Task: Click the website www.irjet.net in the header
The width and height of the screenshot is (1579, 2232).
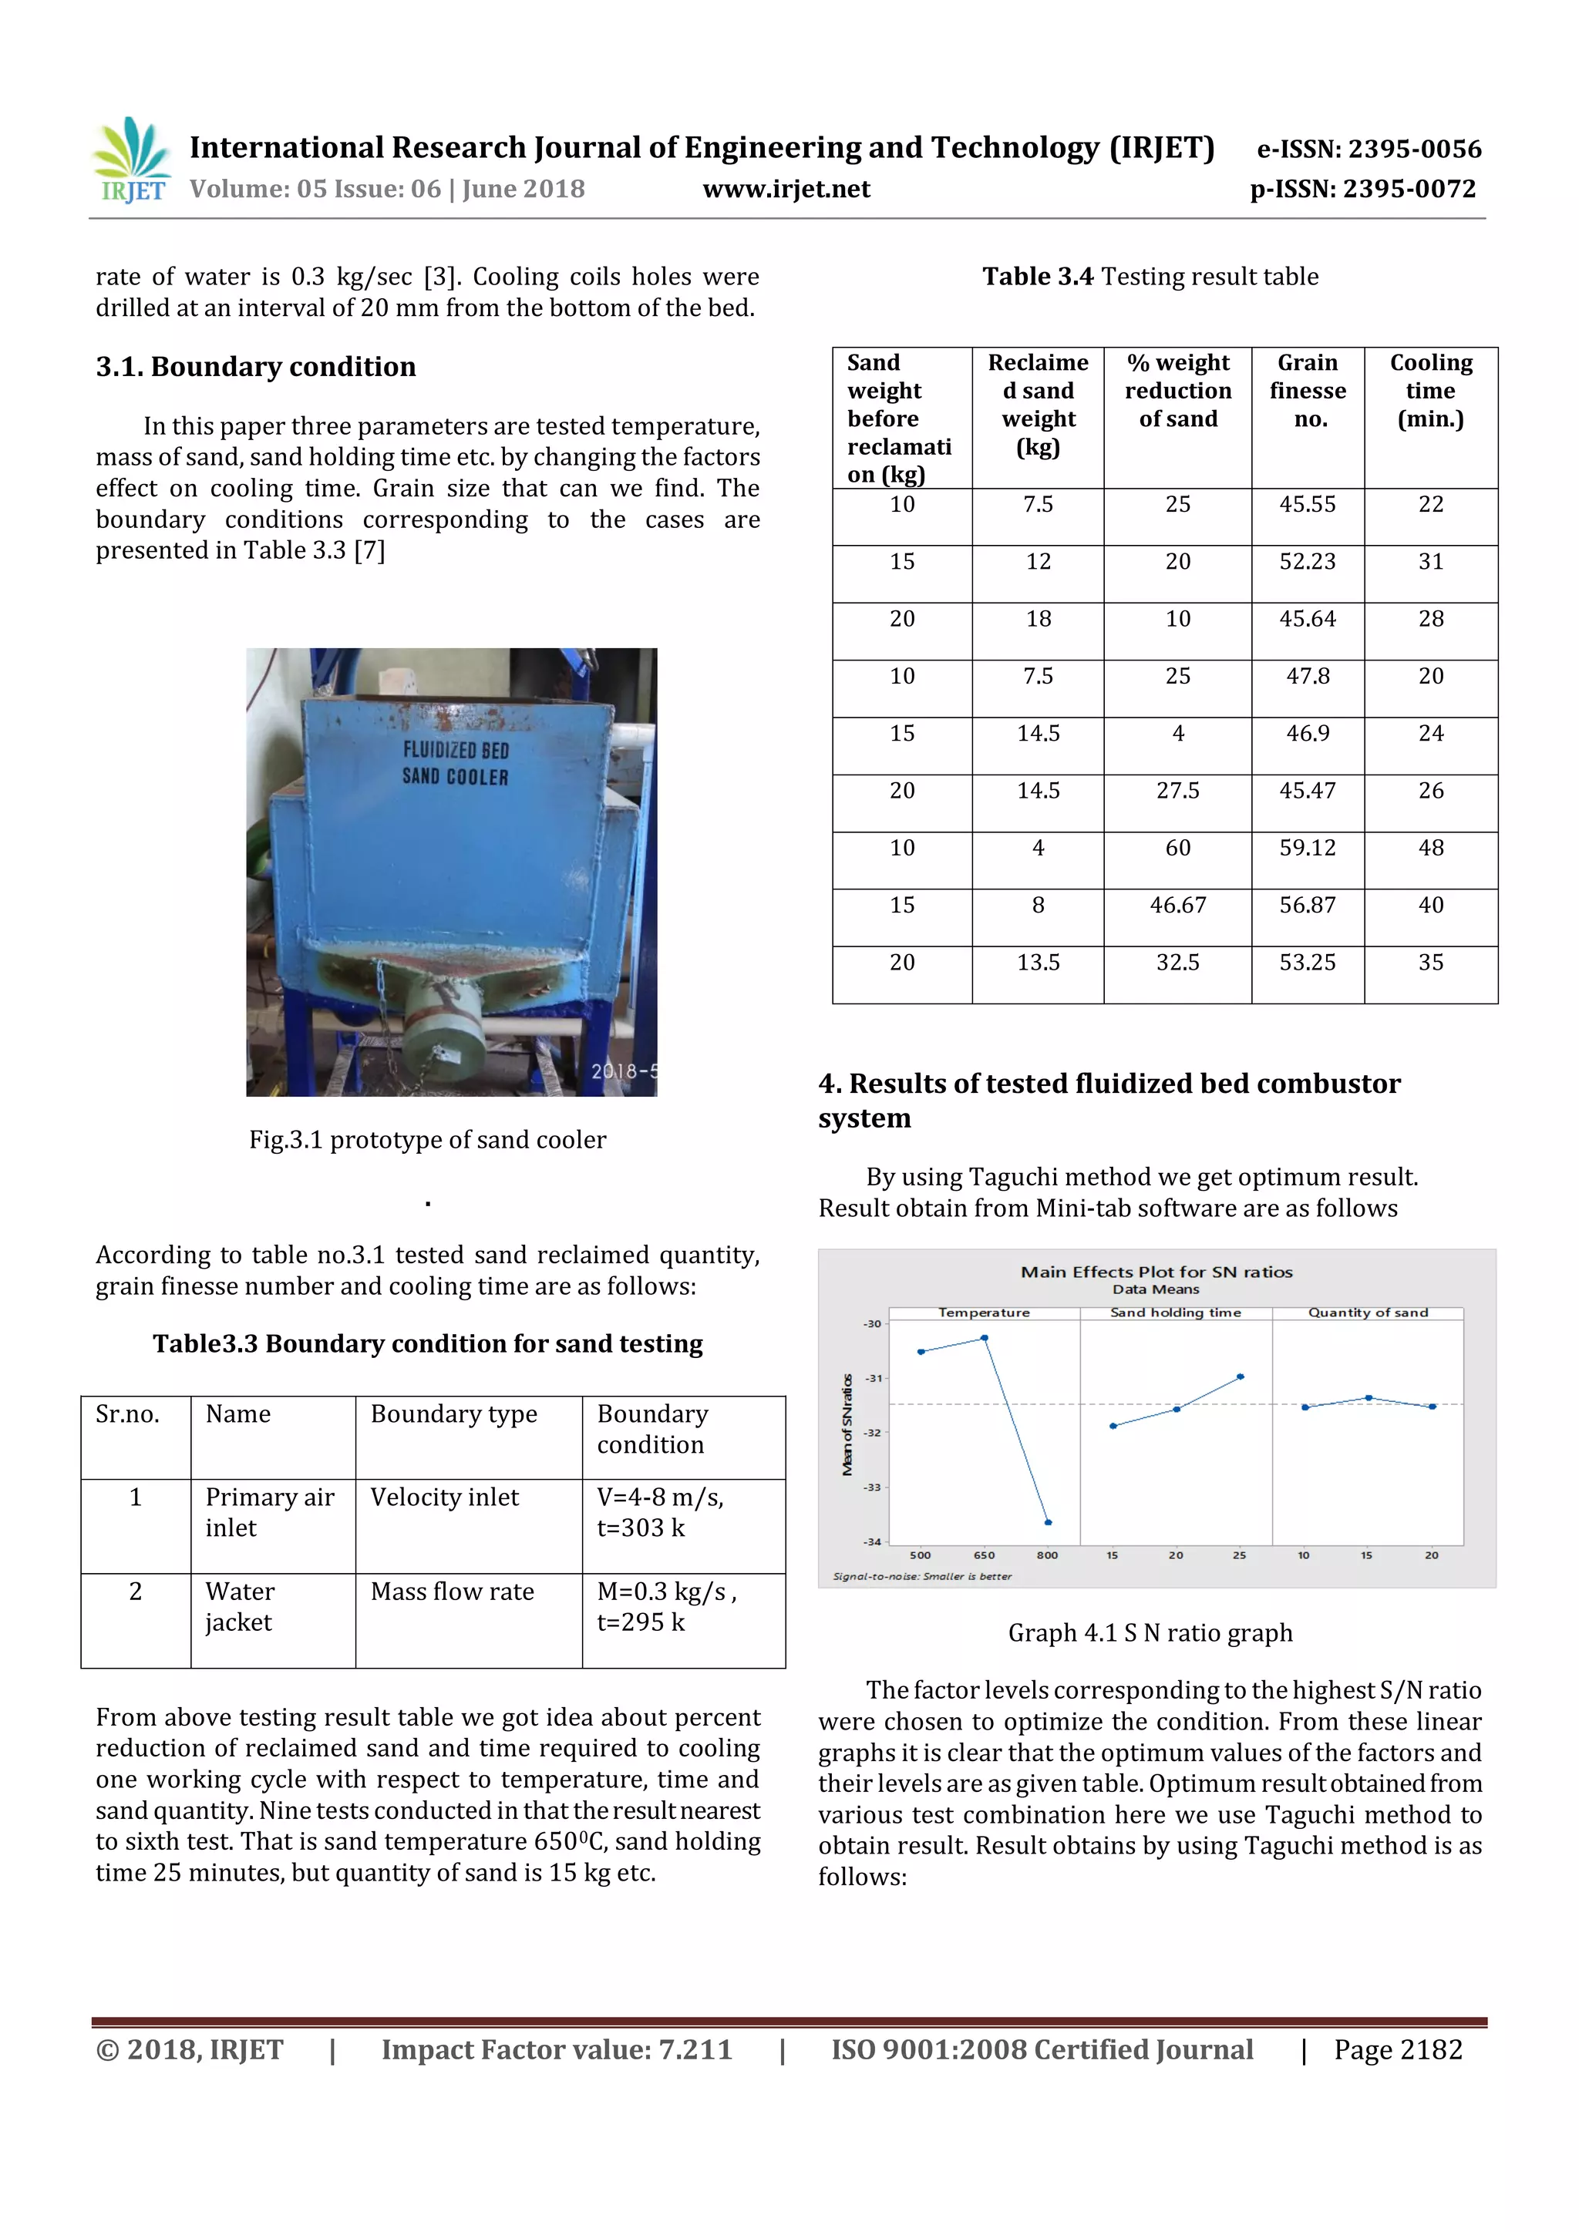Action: (786, 189)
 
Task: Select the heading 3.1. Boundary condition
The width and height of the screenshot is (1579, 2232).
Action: (256, 367)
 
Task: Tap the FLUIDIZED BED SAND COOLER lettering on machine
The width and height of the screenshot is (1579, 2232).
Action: (455, 763)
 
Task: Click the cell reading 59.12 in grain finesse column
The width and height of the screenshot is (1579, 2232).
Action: (1307, 849)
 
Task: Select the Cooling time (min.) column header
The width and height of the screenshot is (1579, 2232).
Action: (1430, 391)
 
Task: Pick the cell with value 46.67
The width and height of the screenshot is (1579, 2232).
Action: (1177, 906)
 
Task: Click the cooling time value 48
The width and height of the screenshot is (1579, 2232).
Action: (1430, 849)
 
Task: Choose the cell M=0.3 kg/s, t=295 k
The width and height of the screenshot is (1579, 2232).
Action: (666, 1607)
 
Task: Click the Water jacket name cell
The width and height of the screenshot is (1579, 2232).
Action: (240, 1607)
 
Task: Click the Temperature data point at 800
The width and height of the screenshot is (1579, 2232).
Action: (1048, 1522)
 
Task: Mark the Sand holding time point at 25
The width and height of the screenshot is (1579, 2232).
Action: (1240, 1377)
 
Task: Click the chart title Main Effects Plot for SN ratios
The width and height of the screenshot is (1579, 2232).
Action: (1156, 1272)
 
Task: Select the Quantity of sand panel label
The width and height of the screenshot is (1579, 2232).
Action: (1367, 1313)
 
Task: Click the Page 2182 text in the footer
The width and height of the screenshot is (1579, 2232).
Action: (1397, 2050)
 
